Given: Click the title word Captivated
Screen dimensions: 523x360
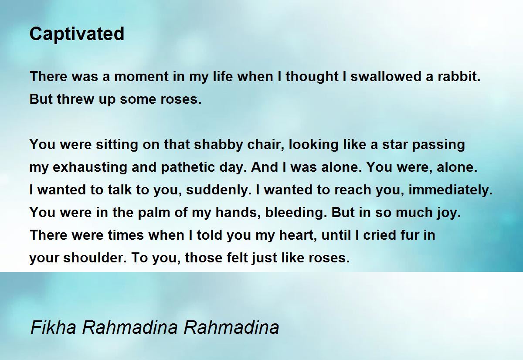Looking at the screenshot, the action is pos(77,34).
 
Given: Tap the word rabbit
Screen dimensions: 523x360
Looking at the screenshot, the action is pos(459,77).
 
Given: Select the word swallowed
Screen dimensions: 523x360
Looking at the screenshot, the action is pos(386,77).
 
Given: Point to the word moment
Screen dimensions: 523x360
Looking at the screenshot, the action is pos(142,77).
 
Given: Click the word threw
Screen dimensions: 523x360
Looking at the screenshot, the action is pos(75,99).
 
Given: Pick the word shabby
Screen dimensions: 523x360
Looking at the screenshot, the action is pos(218,145).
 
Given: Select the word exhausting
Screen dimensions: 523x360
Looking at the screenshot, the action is pos(90,167).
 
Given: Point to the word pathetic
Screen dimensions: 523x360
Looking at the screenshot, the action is pos(188,167).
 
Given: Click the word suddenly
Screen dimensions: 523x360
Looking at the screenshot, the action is pos(218,190).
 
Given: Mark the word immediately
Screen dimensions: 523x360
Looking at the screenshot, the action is pos(451,190).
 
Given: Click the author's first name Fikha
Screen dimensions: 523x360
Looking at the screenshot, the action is pos(53,327).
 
